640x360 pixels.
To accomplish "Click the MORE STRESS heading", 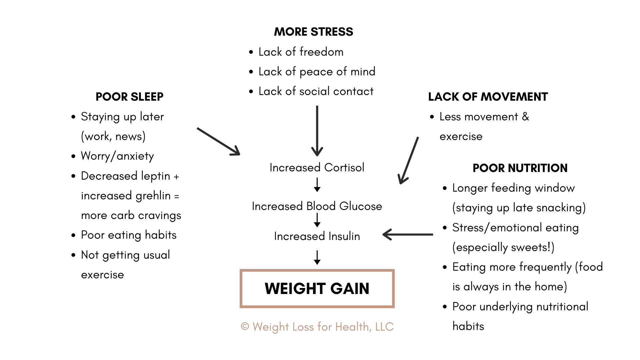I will pos(313,32).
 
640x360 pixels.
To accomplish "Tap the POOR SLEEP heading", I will pos(129,97).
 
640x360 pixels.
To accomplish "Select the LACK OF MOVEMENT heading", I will pos(488,97).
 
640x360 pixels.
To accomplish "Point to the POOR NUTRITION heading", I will pos(520,168).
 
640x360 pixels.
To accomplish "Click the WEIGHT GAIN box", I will pos(317,289).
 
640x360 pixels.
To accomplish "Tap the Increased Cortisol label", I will pos(317,167).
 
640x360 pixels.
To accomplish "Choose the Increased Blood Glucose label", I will pos(317,206).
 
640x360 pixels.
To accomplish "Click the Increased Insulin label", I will pos(317,236).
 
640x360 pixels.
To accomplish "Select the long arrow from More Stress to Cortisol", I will pos(317,130).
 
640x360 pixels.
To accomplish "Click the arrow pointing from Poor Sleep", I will pos(218,141).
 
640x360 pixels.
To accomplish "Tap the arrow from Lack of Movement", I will pos(409,160).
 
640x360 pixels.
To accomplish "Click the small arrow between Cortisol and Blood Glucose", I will pos(317,185).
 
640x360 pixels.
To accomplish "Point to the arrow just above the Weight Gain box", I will pos(317,258).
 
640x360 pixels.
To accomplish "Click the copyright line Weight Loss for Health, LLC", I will pos(317,327).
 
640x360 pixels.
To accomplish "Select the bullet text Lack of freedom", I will pos(301,52).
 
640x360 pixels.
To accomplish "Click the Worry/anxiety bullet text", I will pos(117,156).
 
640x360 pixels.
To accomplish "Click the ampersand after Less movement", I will pos(525,117).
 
